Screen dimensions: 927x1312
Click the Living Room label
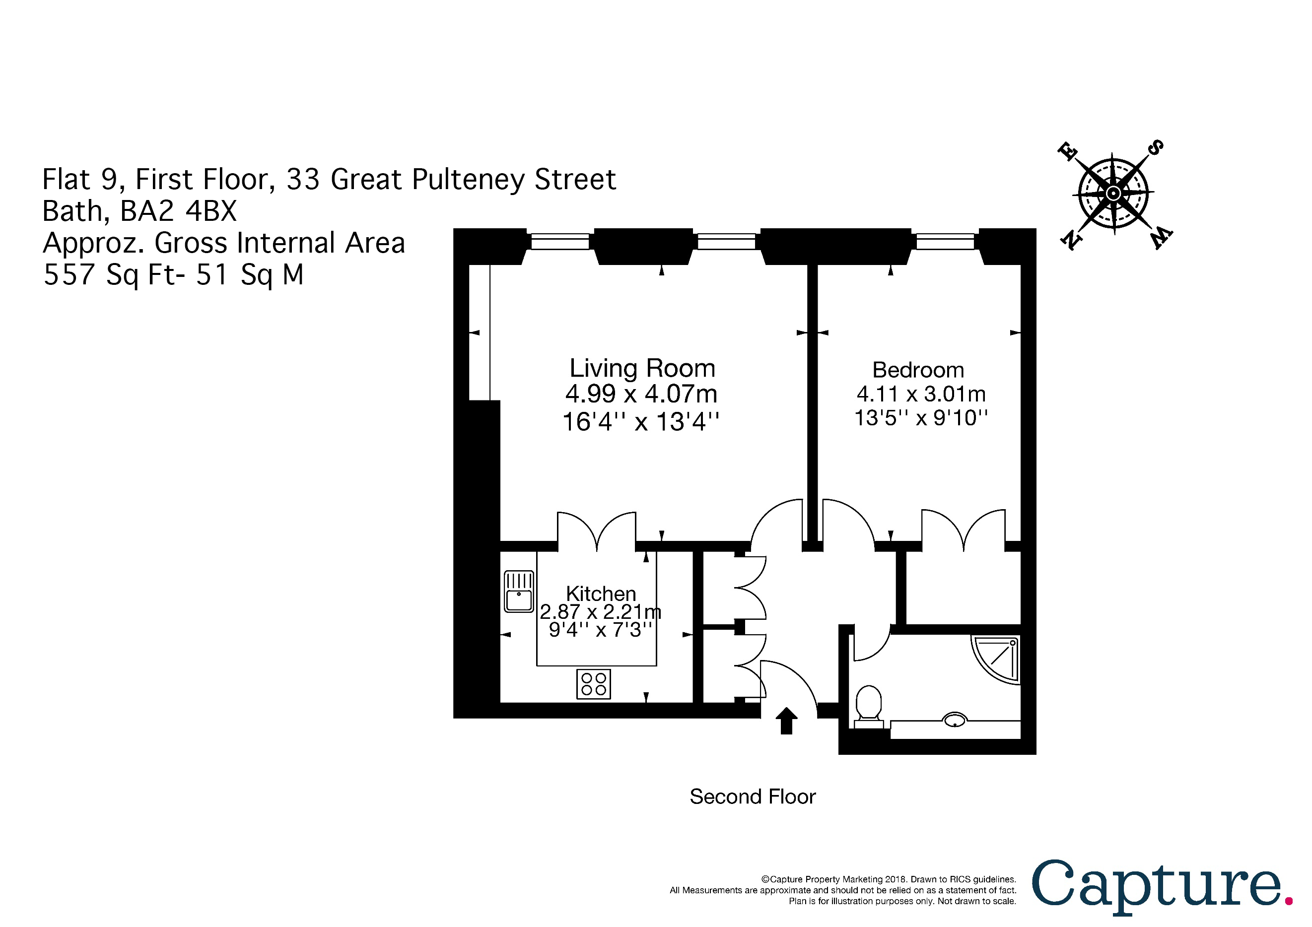642,368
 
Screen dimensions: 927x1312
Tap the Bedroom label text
918,370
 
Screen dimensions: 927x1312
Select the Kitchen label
601,594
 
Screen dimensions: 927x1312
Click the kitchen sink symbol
519,591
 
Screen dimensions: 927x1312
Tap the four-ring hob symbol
593,684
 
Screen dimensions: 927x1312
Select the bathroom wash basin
954,720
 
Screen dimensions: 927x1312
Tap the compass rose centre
1112,193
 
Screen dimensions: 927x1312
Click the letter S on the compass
1155,148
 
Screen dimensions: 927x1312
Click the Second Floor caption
752,797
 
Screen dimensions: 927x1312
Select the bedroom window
945,242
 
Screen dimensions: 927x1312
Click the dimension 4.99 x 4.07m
641,394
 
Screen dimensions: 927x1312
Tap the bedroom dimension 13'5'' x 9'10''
920,418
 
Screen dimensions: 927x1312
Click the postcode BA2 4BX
178,211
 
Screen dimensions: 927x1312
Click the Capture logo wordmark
1156,886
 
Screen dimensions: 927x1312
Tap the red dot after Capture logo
1289,901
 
